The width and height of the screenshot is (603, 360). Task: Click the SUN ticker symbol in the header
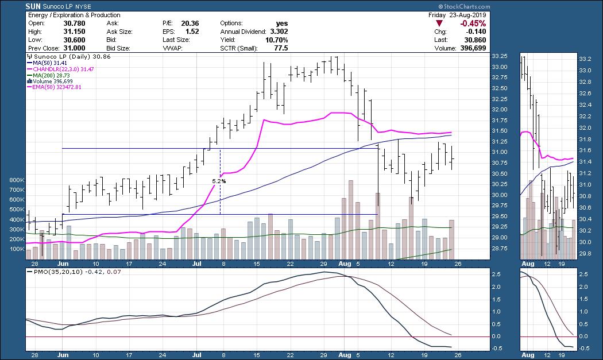tap(32, 6)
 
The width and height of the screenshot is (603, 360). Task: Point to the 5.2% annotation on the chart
tap(219, 181)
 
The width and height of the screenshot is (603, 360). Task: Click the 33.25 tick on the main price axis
tap(499, 56)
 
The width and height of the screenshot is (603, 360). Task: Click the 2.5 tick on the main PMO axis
tap(497, 274)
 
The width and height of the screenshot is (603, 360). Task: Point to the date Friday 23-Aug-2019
tap(457, 15)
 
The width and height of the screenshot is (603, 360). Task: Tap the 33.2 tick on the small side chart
tap(584, 59)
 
